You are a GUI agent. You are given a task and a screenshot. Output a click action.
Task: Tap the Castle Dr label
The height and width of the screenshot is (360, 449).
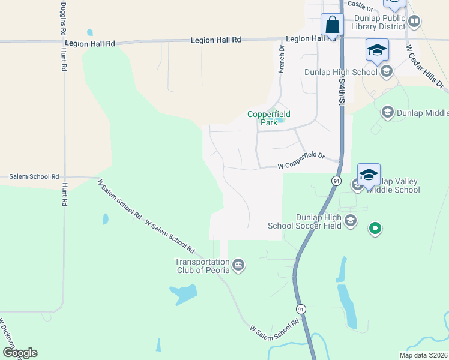tap(361, 7)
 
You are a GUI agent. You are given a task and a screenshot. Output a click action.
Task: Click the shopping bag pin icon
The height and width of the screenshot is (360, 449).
tap(332, 26)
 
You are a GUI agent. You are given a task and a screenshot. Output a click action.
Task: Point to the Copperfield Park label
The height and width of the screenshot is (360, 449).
tap(269, 118)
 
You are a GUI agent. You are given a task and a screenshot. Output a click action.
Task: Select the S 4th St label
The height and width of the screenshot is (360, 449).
tap(342, 90)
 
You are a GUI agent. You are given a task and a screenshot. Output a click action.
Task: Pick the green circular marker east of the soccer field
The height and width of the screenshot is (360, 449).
tap(375, 229)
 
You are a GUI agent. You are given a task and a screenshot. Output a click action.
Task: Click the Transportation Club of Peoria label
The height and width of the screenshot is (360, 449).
tap(202, 265)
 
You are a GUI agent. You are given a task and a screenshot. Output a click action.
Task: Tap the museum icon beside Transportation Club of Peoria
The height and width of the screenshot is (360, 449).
tap(238, 265)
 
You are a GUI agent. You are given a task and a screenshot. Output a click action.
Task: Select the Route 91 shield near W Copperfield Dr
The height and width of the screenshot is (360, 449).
tap(336, 180)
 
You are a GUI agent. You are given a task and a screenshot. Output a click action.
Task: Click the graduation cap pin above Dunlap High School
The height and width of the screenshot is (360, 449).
tap(376, 50)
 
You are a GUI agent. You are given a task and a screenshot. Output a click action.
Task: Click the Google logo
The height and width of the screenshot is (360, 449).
tap(20, 353)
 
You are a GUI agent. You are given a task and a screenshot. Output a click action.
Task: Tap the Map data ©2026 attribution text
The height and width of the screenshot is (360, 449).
tap(423, 355)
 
